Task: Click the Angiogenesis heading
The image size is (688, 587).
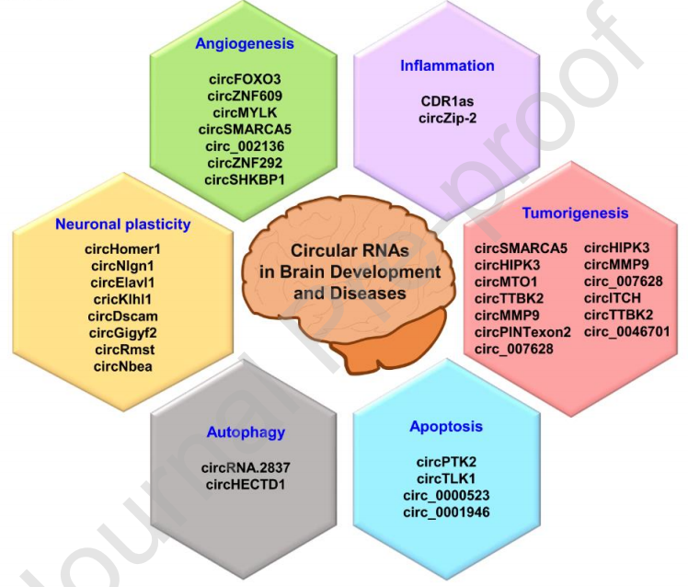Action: click(x=244, y=43)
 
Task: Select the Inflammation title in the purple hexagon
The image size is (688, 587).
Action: click(x=447, y=65)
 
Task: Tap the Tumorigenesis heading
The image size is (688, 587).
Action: click(x=575, y=213)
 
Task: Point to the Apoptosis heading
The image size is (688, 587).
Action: click(x=446, y=426)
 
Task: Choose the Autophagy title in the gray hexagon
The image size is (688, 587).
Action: click(x=246, y=432)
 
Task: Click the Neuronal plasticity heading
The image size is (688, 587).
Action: click(x=122, y=224)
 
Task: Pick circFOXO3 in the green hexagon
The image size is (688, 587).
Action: click(x=244, y=78)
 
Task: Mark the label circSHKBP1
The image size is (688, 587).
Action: click(x=245, y=178)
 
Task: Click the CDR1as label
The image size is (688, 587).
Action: click(x=447, y=101)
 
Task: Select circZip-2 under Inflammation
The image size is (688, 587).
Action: click(x=447, y=118)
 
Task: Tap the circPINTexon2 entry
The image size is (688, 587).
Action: click(x=523, y=331)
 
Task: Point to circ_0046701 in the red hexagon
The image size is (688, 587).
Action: click(x=626, y=331)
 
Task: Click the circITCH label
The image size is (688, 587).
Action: click(x=612, y=298)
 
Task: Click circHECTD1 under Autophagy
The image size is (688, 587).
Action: click(x=246, y=484)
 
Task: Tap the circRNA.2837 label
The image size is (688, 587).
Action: click(x=246, y=467)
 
